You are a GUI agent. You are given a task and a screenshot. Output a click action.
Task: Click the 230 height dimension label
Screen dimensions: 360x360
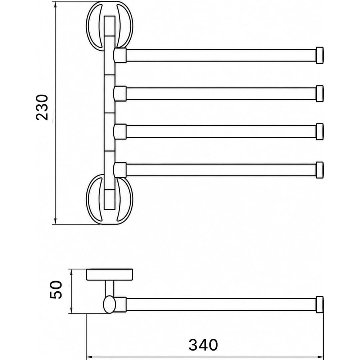tap(42, 107)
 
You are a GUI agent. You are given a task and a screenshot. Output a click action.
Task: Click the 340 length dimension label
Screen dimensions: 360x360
tap(203, 345)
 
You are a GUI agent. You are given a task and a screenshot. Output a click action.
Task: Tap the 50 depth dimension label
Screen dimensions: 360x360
tap(56, 289)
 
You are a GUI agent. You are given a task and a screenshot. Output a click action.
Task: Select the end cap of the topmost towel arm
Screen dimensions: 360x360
tap(320, 55)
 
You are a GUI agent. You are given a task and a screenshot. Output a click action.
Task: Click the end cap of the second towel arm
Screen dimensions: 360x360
tap(320, 94)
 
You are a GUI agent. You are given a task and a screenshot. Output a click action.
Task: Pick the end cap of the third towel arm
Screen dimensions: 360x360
tap(320, 131)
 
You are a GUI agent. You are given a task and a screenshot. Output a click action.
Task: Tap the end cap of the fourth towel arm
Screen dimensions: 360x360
tap(320, 170)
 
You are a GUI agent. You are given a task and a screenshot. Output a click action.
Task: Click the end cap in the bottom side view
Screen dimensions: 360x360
tap(320, 305)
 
